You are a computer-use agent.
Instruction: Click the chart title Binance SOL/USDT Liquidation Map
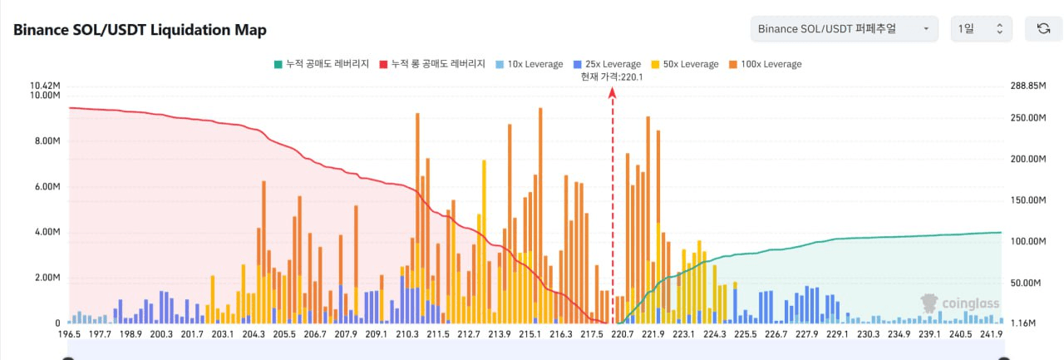pos(140,30)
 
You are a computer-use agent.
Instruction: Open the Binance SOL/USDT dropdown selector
pos(844,29)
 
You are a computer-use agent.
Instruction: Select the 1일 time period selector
pos(981,29)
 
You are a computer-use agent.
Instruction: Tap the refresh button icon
pos(1043,29)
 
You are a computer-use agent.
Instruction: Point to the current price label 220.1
pos(613,76)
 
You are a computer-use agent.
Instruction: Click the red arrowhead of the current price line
pos(613,94)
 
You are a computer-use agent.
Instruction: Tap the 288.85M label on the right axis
pos(1025,86)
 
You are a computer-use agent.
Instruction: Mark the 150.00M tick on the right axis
pos(1025,200)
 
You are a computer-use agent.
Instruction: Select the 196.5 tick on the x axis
pos(69,334)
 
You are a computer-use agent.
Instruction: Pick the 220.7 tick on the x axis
pos(623,334)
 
